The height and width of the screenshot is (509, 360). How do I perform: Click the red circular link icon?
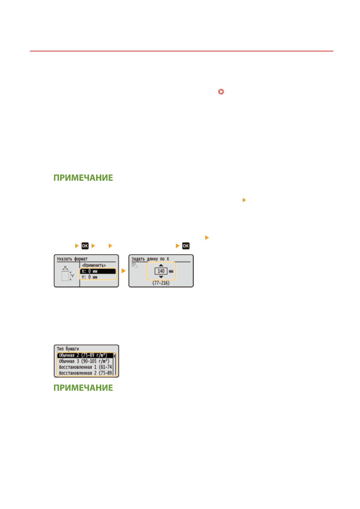pyautogui.click(x=221, y=92)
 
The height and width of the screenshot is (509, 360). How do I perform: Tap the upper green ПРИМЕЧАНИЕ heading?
pyautogui.click(x=83, y=178)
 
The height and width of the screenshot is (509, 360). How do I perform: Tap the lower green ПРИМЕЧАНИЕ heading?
pyautogui.click(x=83, y=388)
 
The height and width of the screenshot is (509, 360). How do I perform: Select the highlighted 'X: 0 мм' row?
pyautogui.click(x=98, y=271)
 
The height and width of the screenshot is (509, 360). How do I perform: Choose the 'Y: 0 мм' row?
pyautogui.click(x=98, y=277)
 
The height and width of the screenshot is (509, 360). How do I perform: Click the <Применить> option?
pyautogui.click(x=94, y=265)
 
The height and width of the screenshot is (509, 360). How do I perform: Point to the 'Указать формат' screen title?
pyautogui.click(x=72, y=259)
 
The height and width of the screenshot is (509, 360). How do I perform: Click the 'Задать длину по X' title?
pyautogui.click(x=150, y=259)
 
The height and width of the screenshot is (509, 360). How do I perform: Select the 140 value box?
pyautogui.click(x=161, y=271)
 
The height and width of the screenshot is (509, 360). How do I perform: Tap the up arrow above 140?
pyautogui.click(x=161, y=265)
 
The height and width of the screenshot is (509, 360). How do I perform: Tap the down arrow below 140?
pyautogui.click(x=161, y=277)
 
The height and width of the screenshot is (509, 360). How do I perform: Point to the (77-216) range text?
pyautogui.click(x=161, y=283)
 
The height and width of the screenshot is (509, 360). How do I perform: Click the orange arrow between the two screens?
pyautogui.click(x=123, y=271)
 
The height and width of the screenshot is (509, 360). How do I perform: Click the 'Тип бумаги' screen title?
pyautogui.click(x=68, y=349)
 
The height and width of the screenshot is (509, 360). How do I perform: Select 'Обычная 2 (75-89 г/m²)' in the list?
pyautogui.click(x=83, y=355)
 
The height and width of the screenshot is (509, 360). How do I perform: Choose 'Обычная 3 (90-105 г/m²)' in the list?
pyautogui.click(x=84, y=361)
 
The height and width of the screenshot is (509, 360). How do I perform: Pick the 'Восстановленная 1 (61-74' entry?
pyautogui.click(x=85, y=367)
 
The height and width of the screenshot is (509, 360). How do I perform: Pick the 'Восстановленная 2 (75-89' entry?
pyautogui.click(x=85, y=373)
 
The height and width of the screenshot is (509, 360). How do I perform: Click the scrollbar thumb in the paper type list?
pyautogui.click(x=114, y=356)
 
